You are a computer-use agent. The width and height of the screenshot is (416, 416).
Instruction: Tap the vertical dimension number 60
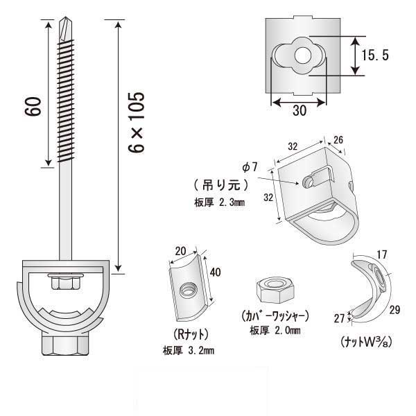pyautogui.click(x=35, y=106)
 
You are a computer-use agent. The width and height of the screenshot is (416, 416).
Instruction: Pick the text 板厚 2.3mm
pyautogui.click(x=221, y=202)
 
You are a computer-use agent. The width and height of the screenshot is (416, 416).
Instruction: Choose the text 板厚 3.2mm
pyautogui.click(x=189, y=350)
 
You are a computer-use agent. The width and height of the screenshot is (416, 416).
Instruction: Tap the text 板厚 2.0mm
pyautogui.click(x=276, y=329)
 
